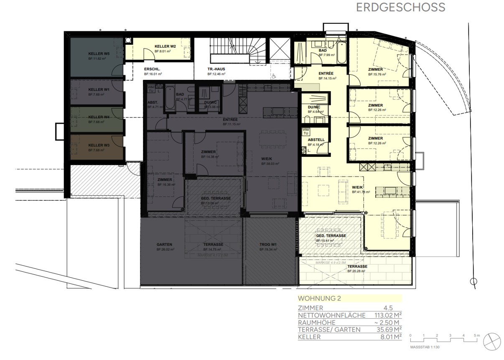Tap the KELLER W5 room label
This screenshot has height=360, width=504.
point(99,54)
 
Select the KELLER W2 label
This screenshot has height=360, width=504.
point(165,46)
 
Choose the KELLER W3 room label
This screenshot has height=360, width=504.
point(99,145)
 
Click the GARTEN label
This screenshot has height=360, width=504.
point(165,245)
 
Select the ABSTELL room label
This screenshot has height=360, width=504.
point(316,140)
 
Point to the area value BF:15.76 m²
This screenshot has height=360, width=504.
point(377,74)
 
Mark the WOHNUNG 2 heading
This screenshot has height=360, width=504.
point(319,299)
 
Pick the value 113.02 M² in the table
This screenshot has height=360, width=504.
point(388,315)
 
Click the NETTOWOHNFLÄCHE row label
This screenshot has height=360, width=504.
point(331,315)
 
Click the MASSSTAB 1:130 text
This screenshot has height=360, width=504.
point(425,347)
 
